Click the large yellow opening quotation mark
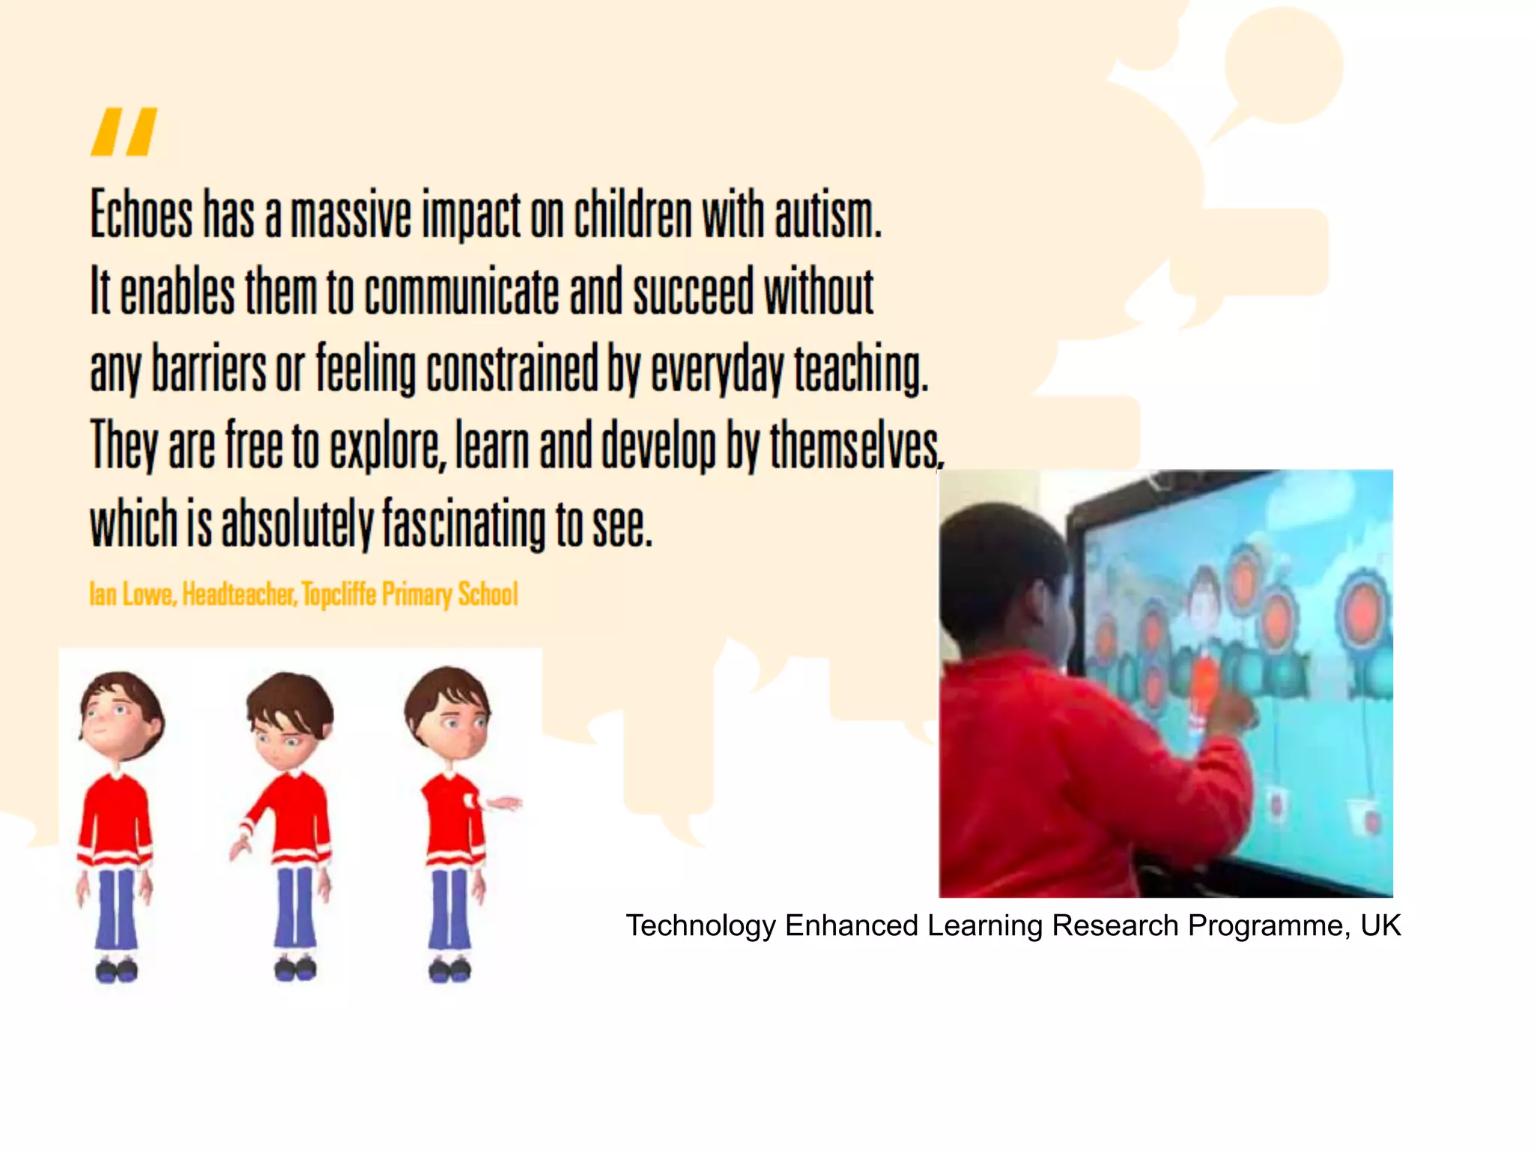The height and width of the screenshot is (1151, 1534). point(124,132)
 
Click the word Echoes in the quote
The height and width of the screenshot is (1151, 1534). point(142,215)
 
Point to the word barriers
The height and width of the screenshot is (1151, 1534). point(209,369)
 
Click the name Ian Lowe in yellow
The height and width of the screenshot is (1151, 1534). point(132,594)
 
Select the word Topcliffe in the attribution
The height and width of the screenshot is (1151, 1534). point(339,594)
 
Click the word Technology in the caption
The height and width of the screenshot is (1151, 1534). point(700,926)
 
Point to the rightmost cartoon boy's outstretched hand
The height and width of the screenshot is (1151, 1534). point(506,804)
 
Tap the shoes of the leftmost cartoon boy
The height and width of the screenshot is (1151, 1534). point(116,970)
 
